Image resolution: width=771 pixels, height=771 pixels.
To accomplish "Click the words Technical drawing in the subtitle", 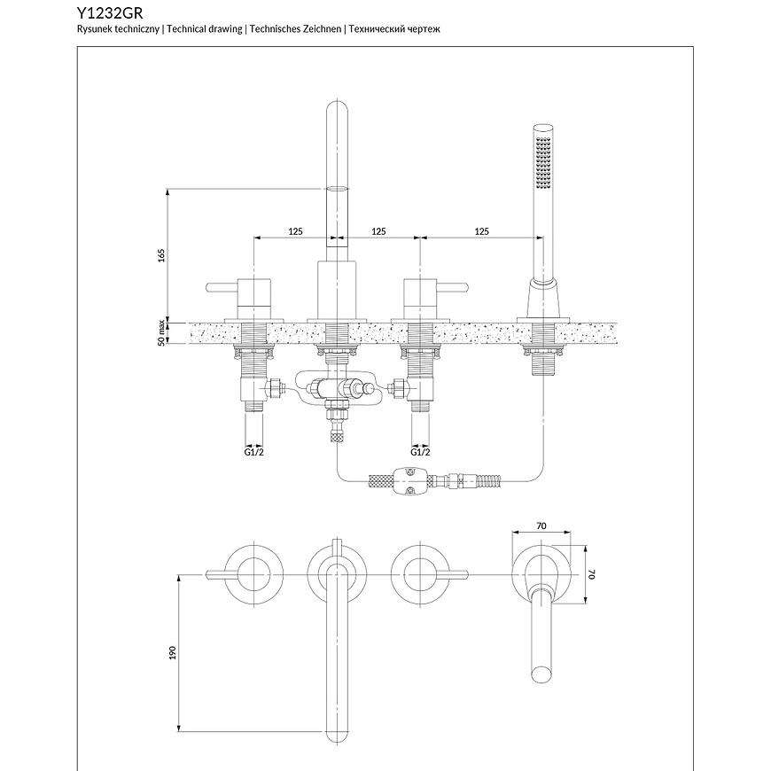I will click(x=205, y=29).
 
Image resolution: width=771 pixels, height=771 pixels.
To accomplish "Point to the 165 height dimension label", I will click(x=161, y=255).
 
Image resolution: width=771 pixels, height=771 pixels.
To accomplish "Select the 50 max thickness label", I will click(x=161, y=333).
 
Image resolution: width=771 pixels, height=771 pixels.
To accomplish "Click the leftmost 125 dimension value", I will click(x=295, y=231).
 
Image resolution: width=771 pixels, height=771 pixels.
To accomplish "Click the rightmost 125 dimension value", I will click(x=481, y=231).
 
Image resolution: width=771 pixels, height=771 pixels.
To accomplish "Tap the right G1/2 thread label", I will click(x=420, y=451).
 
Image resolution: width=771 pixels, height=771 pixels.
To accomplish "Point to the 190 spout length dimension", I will click(x=174, y=651).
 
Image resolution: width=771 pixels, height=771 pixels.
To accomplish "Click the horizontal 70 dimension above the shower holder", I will click(x=541, y=526).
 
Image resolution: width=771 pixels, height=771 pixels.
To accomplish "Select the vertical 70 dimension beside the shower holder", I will click(x=593, y=574).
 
